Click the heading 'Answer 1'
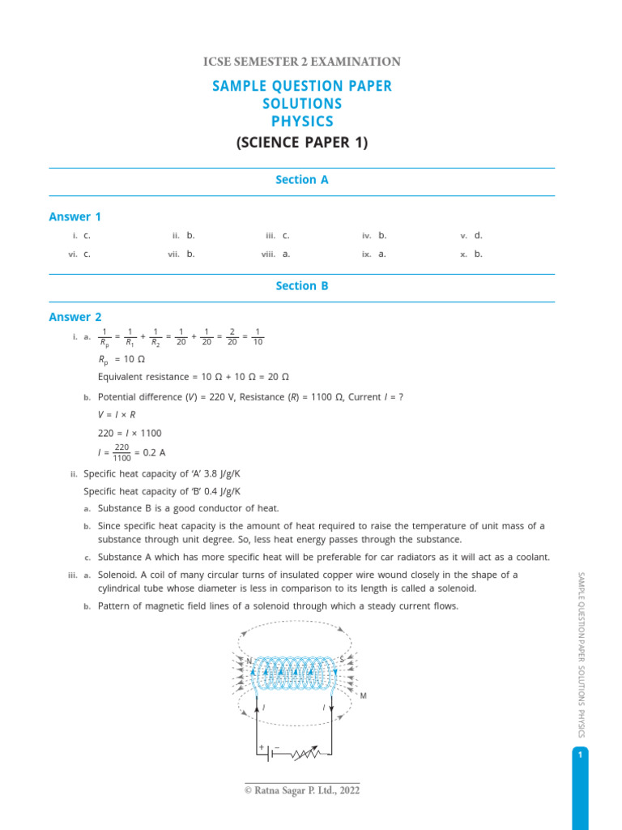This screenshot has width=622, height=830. click(75, 216)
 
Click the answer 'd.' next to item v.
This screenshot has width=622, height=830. click(479, 236)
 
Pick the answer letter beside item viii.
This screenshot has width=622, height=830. click(286, 254)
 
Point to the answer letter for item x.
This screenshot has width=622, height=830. click(479, 254)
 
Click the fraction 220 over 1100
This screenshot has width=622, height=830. click(122, 452)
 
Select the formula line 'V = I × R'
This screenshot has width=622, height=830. click(117, 415)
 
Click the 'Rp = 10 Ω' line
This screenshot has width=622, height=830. click(121, 359)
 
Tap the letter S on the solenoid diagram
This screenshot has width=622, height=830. click(342, 658)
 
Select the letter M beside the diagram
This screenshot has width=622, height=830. click(364, 696)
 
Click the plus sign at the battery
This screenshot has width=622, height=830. click(262, 747)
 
